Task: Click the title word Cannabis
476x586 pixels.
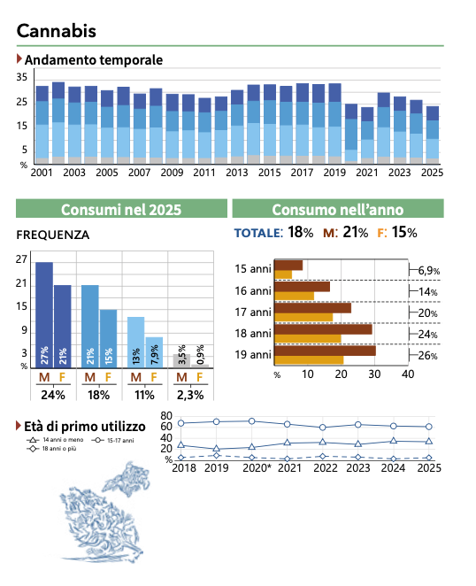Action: [x=57, y=31]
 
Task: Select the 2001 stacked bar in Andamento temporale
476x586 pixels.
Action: [x=42, y=125]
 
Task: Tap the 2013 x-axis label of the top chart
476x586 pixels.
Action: [x=237, y=173]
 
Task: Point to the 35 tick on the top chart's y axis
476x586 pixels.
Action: [x=21, y=77]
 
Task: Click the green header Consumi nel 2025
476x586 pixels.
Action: [x=121, y=209]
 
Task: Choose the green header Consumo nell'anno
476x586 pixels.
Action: [x=338, y=209]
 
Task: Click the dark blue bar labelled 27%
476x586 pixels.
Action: [x=44, y=315]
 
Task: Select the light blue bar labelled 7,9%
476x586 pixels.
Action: [x=154, y=352]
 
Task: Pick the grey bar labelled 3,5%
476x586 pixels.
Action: [x=181, y=361]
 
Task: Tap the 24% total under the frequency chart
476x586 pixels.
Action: [x=53, y=395]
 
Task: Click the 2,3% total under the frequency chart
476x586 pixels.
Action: [x=190, y=395]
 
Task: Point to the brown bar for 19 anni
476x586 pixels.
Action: [x=325, y=351]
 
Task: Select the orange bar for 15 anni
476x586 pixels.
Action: [x=283, y=274]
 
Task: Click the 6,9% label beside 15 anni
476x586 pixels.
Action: [x=428, y=270]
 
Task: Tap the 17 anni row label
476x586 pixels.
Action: [x=252, y=312]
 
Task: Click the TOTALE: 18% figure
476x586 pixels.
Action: [x=273, y=233]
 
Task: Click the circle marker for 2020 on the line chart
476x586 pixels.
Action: [x=252, y=421]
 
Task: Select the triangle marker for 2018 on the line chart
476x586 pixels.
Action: [x=181, y=444]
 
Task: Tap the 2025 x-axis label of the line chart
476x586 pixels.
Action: [x=429, y=468]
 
